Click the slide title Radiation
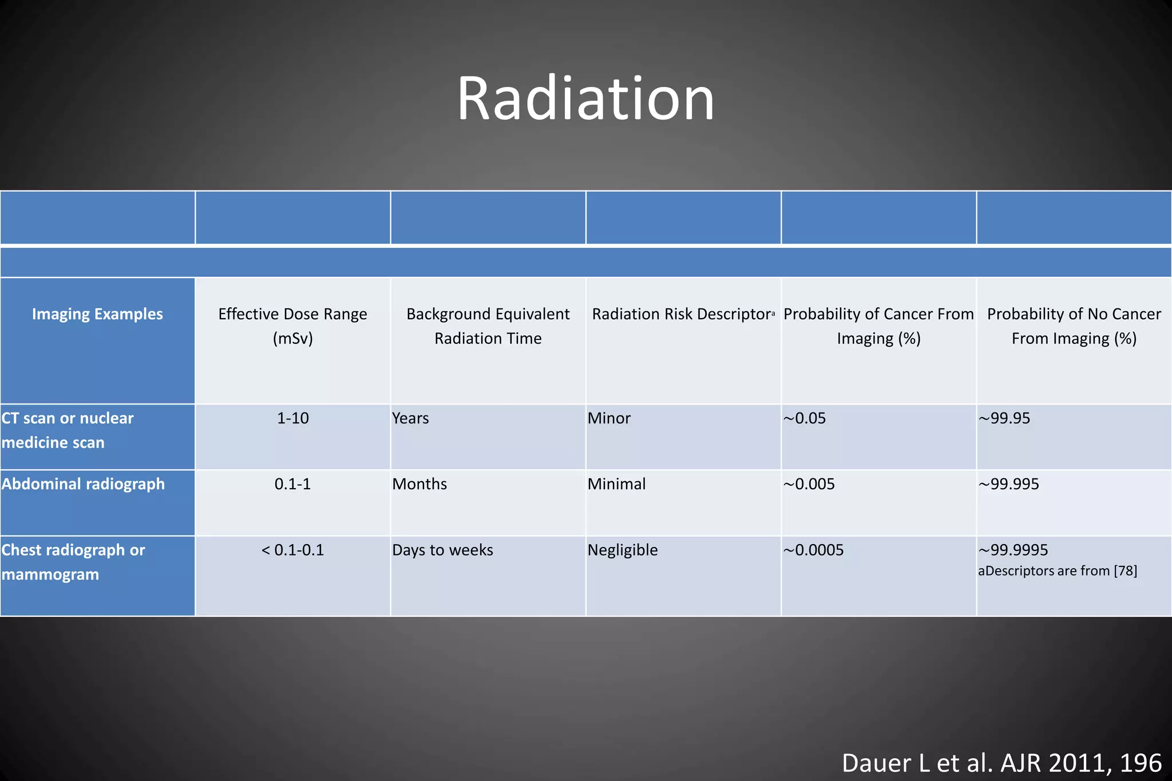(585, 98)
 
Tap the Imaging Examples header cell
(97, 314)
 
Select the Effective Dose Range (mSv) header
(292, 326)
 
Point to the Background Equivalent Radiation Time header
(488, 326)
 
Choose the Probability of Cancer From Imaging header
(878, 326)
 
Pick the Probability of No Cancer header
(1074, 326)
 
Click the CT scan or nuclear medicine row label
(67, 430)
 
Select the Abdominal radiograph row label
(83, 484)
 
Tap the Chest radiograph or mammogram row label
(73, 562)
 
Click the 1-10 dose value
(292, 418)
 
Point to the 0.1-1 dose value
(292, 484)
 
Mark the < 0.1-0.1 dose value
(292, 550)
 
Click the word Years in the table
(410, 418)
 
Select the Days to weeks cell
(442, 550)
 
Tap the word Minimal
(616, 484)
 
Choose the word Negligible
(623, 550)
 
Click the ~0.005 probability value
(809, 484)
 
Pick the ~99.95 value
(1004, 418)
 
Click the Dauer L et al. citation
(1001, 763)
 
